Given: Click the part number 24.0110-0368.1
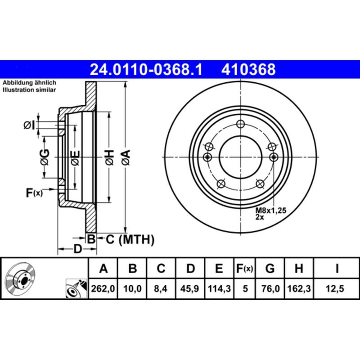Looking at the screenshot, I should [147, 70].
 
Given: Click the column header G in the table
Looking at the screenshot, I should [270, 269].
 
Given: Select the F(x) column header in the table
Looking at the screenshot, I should [245, 269].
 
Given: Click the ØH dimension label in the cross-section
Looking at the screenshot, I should [109, 157].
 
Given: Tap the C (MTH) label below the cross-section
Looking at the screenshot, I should [130, 239].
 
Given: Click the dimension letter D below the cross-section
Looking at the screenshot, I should [77, 249].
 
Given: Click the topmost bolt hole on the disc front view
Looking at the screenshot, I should [240, 125].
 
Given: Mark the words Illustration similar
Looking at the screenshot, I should [29, 90].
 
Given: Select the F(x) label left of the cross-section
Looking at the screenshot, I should [34, 193].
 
